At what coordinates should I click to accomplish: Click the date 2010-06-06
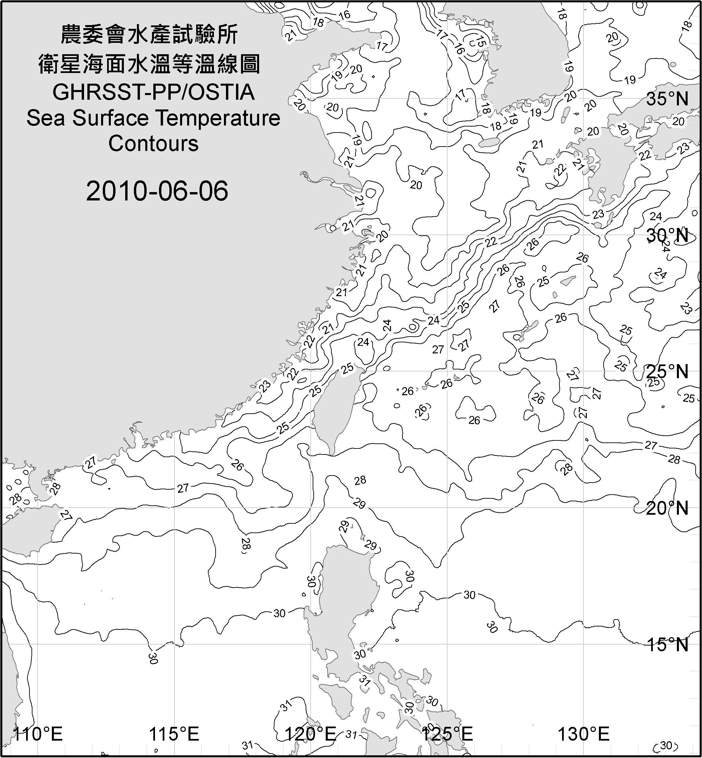[x=157, y=191]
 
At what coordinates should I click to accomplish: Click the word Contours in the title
[x=153, y=144]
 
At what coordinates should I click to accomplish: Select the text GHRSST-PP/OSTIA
[x=153, y=92]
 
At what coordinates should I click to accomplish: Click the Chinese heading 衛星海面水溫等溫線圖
[x=149, y=64]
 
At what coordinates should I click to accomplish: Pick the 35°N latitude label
[x=667, y=99]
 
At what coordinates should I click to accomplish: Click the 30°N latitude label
[x=667, y=236]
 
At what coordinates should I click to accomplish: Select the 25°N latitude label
[x=667, y=371]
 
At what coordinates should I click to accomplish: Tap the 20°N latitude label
[x=667, y=508]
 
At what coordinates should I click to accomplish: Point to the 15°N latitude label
[x=667, y=645]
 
